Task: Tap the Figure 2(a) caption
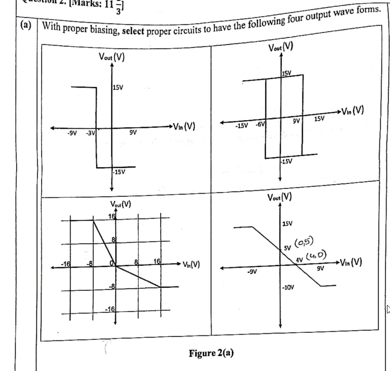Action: pyautogui.click(x=211, y=352)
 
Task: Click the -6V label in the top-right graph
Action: pyautogui.click(x=260, y=123)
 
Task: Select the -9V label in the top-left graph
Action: pyautogui.click(x=72, y=133)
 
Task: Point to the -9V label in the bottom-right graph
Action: pyautogui.click(x=251, y=272)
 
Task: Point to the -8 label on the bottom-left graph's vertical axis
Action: pyautogui.click(x=113, y=286)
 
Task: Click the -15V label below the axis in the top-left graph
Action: pyautogui.click(x=119, y=172)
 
